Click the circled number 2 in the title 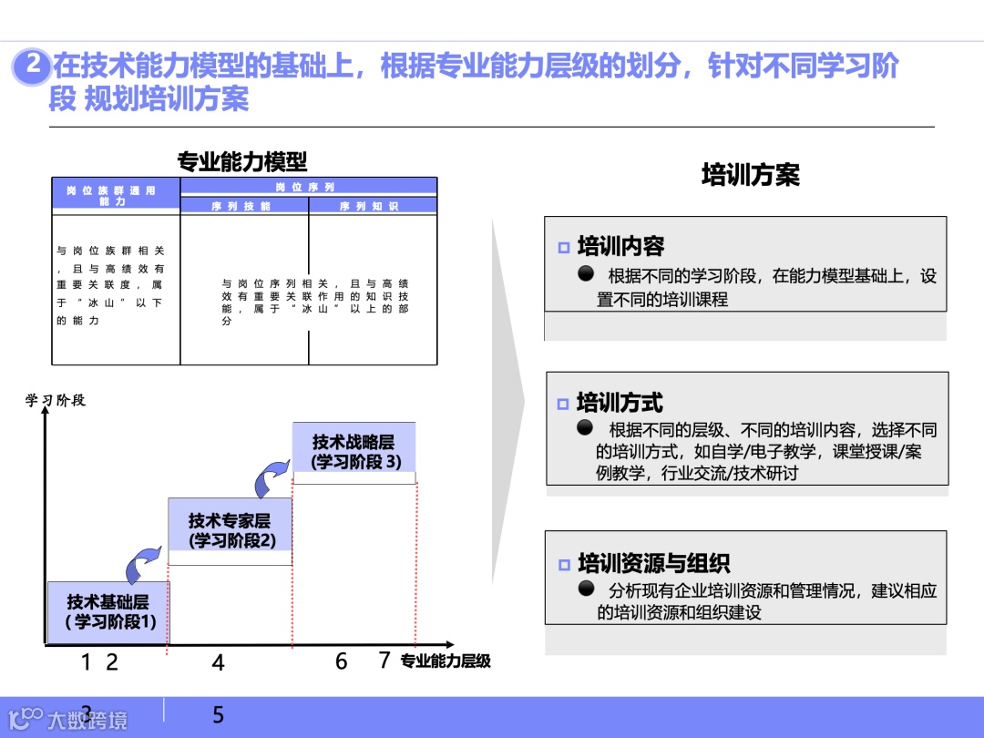pos(33,67)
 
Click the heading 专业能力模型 pos(242,162)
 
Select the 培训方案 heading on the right pos(750,175)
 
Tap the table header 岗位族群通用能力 pos(115,195)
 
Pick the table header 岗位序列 pos(307,187)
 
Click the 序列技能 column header pos(243,207)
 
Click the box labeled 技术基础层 pos(108,611)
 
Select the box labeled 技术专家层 pos(230,530)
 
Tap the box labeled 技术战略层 pos(354,451)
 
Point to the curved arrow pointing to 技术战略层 pos(271,477)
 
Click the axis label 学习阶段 pos(55,400)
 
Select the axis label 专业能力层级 pos(446,661)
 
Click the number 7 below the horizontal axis pos(384,661)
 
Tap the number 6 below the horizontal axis pos(341,661)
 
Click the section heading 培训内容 pos(620,246)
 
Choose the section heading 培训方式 pos(620,403)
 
